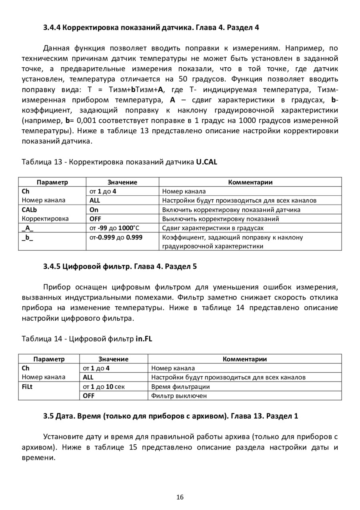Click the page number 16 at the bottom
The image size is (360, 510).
click(180, 497)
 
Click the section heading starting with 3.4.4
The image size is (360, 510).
click(151, 28)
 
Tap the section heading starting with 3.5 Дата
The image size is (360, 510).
click(171, 416)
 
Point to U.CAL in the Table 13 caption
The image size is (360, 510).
click(206, 162)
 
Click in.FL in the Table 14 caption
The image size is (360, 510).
click(144, 339)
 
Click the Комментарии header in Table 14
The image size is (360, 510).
click(244, 359)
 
